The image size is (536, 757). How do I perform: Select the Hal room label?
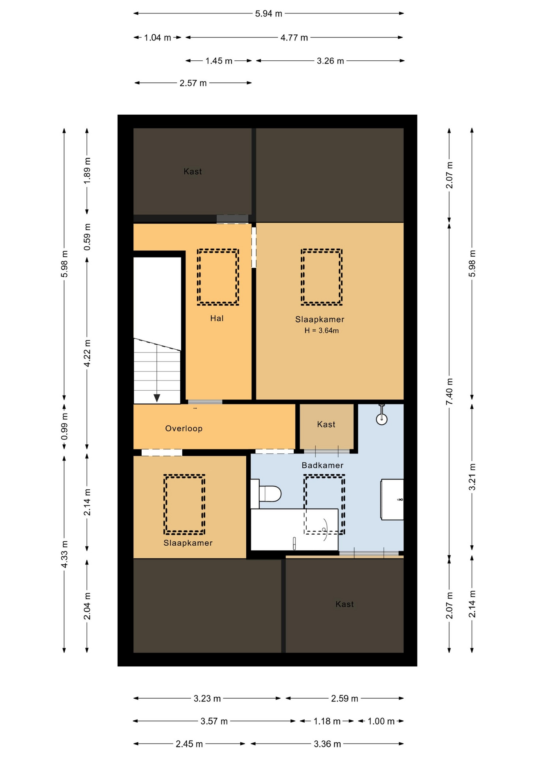(217, 318)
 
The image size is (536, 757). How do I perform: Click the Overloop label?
(184, 429)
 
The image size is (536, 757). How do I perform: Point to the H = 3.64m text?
(322, 331)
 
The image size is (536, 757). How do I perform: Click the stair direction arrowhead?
(157, 398)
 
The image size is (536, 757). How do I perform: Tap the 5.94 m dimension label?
(269, 14)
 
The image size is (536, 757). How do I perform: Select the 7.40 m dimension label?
(450, 392)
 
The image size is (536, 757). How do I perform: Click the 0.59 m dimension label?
(87, 237)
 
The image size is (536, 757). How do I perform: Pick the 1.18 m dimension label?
(327, 721)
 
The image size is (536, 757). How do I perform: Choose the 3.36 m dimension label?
(327, 744)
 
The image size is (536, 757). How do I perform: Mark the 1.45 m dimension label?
(219, 61)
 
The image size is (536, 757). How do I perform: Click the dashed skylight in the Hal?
(218, 277)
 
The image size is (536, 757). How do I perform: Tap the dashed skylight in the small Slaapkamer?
(184, 504)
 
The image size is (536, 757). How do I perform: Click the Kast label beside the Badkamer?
(326, 424)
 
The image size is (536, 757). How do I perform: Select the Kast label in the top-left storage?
(193, 172)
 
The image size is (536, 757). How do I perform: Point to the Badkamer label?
(322, 465)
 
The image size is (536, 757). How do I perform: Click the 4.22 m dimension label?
(87, 353)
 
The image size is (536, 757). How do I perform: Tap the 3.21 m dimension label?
(472, 477)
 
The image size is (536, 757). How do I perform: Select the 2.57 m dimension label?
(193, 83)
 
